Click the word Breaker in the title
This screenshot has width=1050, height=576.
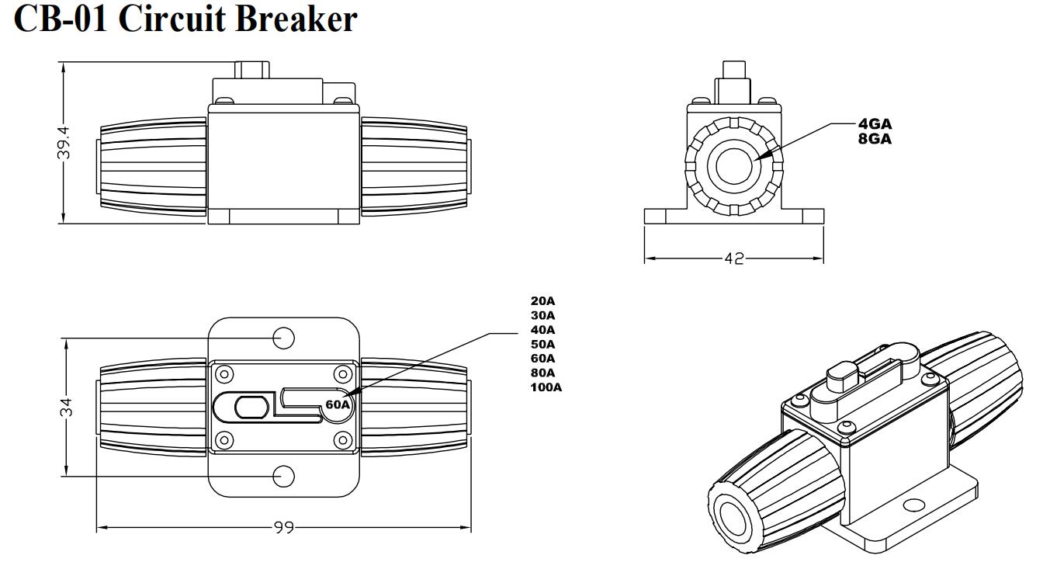click(296, 19)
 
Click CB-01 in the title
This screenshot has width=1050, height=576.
click(61, 19)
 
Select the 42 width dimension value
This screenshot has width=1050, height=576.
click(734, 259)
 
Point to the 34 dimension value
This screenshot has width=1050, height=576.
click(67, 407)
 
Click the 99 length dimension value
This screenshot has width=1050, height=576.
click(283, 528)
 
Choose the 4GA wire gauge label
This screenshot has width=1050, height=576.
click(875, 124)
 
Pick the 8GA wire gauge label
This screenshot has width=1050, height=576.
click(875, 139)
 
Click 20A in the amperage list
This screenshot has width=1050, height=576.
click(542, 300)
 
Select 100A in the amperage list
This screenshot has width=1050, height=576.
click(546, 387)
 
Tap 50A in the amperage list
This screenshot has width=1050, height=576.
click(542, 345)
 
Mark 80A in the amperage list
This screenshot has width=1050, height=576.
click(542, 373)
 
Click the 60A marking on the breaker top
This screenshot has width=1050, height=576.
click(338, 404)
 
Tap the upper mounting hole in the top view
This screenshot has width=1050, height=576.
click(283, 338)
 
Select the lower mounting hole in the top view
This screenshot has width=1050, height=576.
click(283, 477)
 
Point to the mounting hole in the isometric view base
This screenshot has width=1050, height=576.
click(913, 505)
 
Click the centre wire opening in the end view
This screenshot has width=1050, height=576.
click(734, 166)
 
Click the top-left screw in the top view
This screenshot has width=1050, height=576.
click(224, 374)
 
